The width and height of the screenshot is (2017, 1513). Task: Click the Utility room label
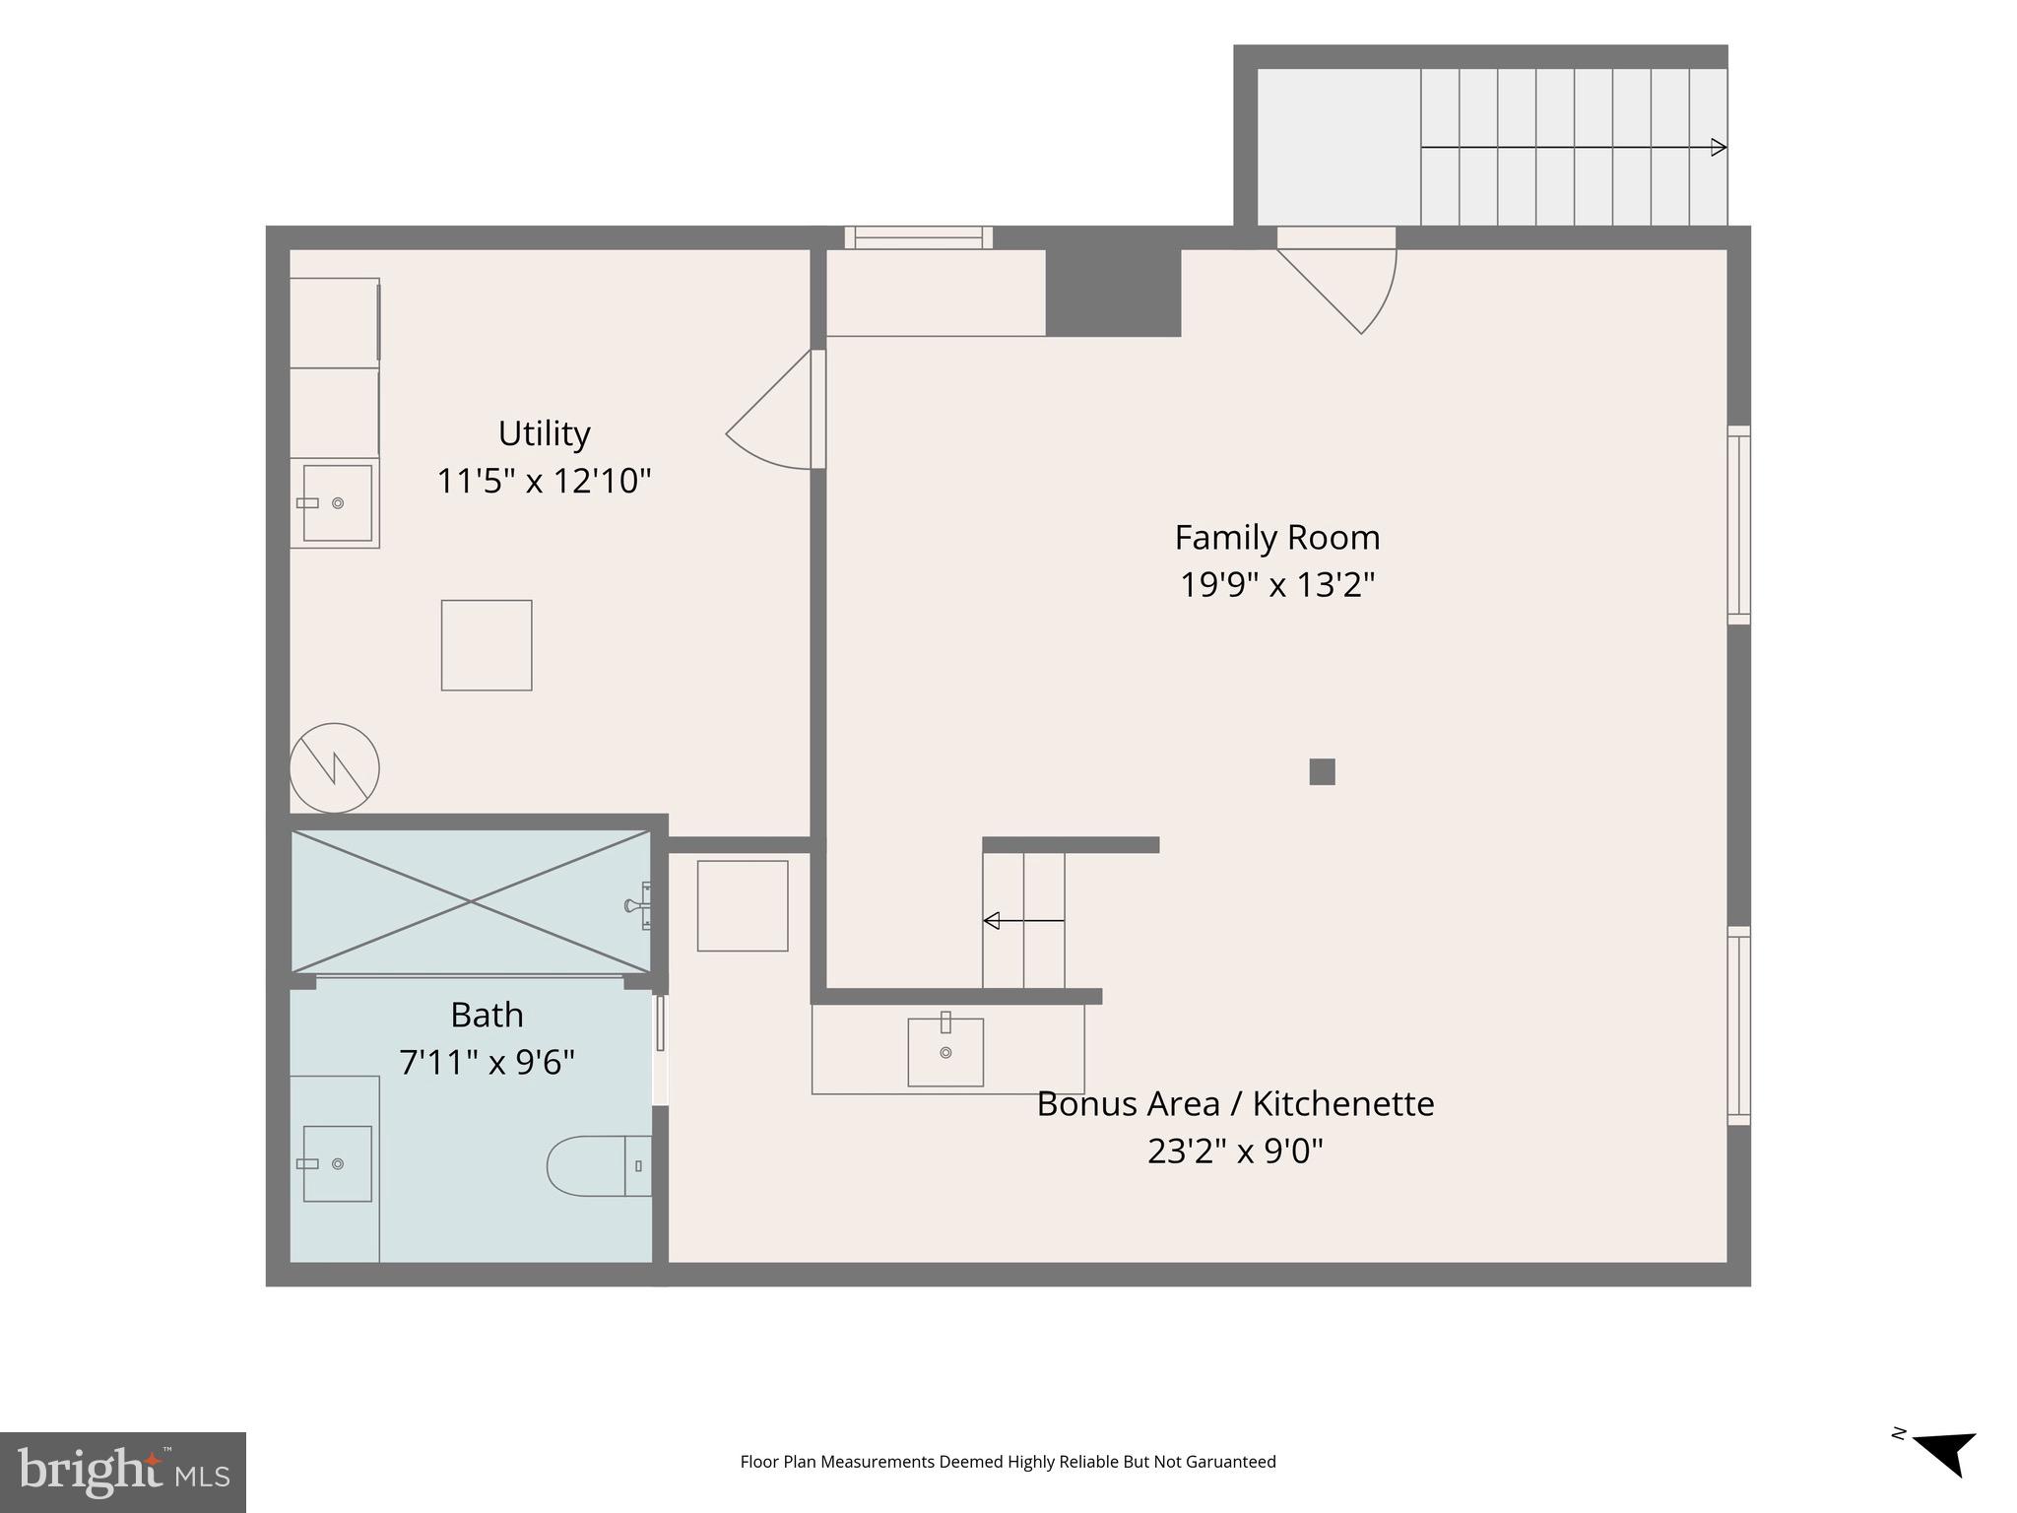(544, 433)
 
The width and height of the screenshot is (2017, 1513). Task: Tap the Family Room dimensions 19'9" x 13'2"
(1277, 585)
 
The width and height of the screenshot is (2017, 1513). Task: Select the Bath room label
(487, 1015)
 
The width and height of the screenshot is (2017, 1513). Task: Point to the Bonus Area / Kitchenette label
(1235, 1104)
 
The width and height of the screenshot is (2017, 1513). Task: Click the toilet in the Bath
(599, 1166)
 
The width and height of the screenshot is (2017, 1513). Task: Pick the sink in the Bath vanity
(337, 1164)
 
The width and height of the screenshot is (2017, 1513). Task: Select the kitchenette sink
(945, 1050)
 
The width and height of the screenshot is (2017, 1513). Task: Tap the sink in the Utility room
(337, 503)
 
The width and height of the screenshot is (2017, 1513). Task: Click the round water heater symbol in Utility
(335, 768)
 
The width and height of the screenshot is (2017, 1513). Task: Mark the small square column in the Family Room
(1322, 771)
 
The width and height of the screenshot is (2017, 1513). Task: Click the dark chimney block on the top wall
(1113, 292)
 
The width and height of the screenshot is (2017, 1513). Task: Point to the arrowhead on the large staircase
(1719, 148)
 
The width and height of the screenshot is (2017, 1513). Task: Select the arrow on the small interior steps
(1024, 921)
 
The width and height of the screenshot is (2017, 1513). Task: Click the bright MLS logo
(123, 1473)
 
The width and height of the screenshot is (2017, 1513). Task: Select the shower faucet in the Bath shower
(638, 905)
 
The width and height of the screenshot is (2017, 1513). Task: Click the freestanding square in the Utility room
(487, 645)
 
